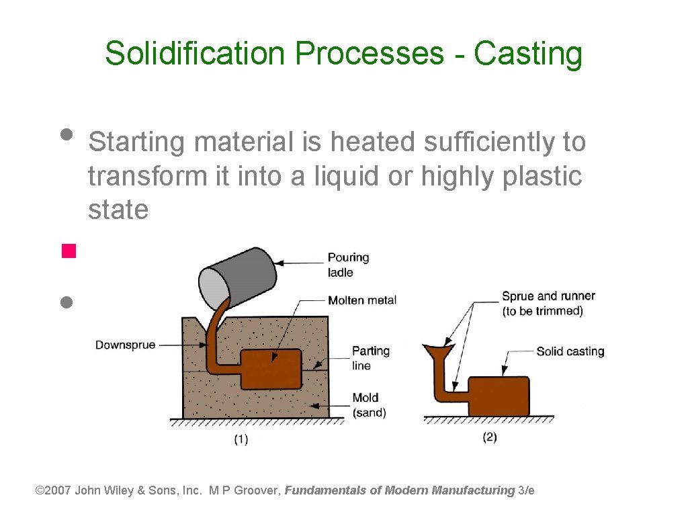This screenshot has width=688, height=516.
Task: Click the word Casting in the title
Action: point(528,54)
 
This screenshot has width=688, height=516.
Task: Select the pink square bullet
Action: point(67,252)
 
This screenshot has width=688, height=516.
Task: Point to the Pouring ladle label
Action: point(348,265)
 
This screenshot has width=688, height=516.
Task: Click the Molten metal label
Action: point(362,300)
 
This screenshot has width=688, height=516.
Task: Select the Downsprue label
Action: point(125,345)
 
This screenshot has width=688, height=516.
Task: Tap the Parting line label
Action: point(370,358)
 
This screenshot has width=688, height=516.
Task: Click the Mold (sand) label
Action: point(369,405)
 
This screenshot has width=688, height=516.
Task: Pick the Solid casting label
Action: point(570,351)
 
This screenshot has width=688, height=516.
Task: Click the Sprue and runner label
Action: point(548,303)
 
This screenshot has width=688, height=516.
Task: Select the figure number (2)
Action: point(489,437)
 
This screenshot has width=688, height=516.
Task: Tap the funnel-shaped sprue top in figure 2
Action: point(438,351)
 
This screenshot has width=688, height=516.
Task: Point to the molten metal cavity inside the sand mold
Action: point(271,369)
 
